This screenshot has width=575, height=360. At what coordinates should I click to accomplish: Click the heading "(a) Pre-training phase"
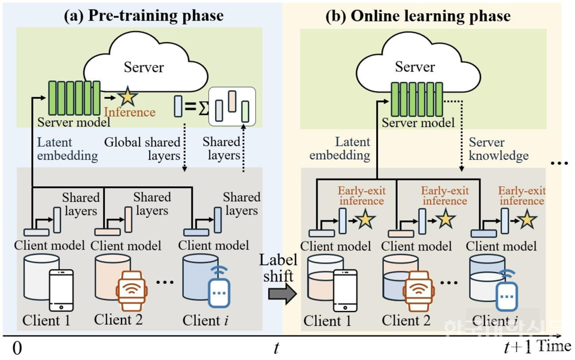point(144,15)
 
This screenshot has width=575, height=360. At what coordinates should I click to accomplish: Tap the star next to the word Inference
point(128,96)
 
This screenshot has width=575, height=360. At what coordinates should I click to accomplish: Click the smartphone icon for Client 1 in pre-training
point(60,290)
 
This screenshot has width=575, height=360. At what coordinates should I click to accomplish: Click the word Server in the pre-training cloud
point(143,66)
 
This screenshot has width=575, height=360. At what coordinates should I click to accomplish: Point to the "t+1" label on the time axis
point(517,348)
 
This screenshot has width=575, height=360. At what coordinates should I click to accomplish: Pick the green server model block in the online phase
point(416,99)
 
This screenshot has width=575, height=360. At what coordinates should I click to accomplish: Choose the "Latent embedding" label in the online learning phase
point(344,149)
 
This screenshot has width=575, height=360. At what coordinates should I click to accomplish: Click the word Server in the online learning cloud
point(414,66)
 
